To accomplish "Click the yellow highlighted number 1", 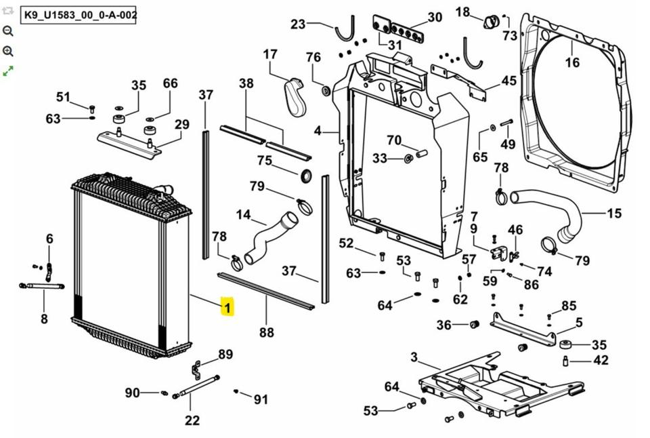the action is coord(227,307).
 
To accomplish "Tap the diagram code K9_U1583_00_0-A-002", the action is coord(79,16).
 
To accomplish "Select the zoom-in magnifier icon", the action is coord(8,51).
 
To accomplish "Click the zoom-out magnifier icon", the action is coord(8,31).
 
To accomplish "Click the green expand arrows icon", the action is coord(8,71).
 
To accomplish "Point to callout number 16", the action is coord(572,62).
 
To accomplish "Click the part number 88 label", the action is coord(267,332).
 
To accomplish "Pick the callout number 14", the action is coord(243,215).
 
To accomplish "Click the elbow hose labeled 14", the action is coord(269,237).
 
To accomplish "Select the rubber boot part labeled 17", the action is coord(295,97).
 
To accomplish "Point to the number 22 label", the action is coord(192,420).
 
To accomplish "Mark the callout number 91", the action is coord(261,399).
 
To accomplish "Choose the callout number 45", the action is coord(509,81).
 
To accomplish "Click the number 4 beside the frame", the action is coord(318,131).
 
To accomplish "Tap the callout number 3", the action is coord(414,357).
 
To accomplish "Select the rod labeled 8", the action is coord(41,285).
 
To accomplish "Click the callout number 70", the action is coord(394,140).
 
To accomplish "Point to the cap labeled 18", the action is coord(492,21).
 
